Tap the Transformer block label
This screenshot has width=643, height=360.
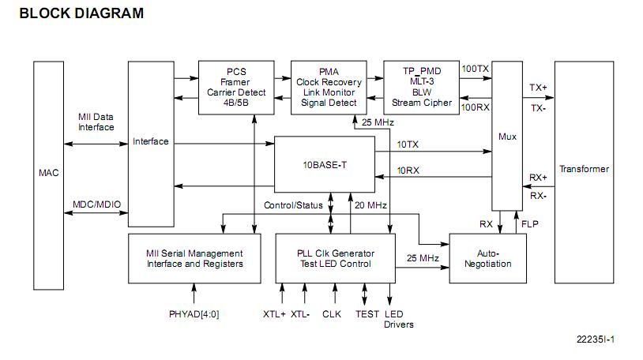point(584,169)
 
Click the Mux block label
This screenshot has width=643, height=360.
point(508,137)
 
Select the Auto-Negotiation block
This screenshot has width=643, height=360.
point(487,258)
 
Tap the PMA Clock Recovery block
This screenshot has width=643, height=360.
point(329,87)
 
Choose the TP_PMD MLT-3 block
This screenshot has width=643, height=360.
point(422,87)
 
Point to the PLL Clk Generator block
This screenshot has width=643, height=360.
point(335,258)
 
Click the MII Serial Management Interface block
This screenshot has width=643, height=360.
point(194,258)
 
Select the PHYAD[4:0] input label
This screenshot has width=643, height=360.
point(194,313)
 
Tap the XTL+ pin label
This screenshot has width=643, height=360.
point(274,313)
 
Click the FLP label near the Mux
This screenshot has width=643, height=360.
point(530,223)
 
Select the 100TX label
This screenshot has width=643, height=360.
point(475,69)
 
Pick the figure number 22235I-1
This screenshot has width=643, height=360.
point(596,339)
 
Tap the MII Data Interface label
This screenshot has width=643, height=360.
point(96,122)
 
